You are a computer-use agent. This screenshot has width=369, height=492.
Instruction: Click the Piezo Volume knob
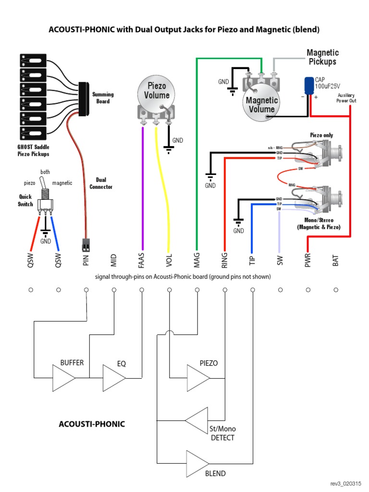157,92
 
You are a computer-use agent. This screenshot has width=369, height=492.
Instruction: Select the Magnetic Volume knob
262,104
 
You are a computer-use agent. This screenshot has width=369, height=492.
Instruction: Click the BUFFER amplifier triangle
63,378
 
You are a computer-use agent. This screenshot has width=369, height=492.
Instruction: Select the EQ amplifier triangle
114,378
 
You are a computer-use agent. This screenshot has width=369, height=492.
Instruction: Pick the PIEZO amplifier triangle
197,378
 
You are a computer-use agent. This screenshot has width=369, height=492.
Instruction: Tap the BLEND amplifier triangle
197,463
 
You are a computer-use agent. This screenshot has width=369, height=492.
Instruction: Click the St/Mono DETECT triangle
197,419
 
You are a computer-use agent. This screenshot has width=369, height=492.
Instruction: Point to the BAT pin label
336,260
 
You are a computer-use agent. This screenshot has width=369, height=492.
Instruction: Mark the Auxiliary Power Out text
346,98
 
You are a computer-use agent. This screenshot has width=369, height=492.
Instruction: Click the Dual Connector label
101,183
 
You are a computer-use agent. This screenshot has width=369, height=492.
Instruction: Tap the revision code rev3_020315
344,483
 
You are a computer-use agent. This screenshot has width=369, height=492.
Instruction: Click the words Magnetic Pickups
322,57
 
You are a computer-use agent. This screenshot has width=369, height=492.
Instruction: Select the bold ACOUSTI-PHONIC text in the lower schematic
92,424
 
